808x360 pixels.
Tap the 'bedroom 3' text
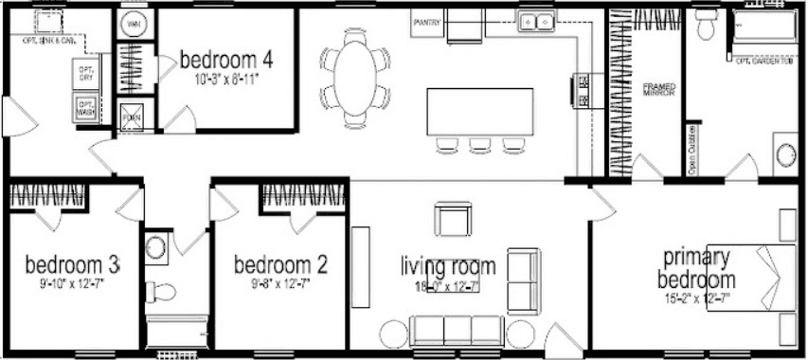[71, 261]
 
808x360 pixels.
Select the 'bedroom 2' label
[280, 263]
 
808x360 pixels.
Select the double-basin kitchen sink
[537, 21]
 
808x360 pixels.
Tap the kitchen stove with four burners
[583, 91]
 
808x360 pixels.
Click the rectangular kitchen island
[475, 112]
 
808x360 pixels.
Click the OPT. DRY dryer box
[86, 74]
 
